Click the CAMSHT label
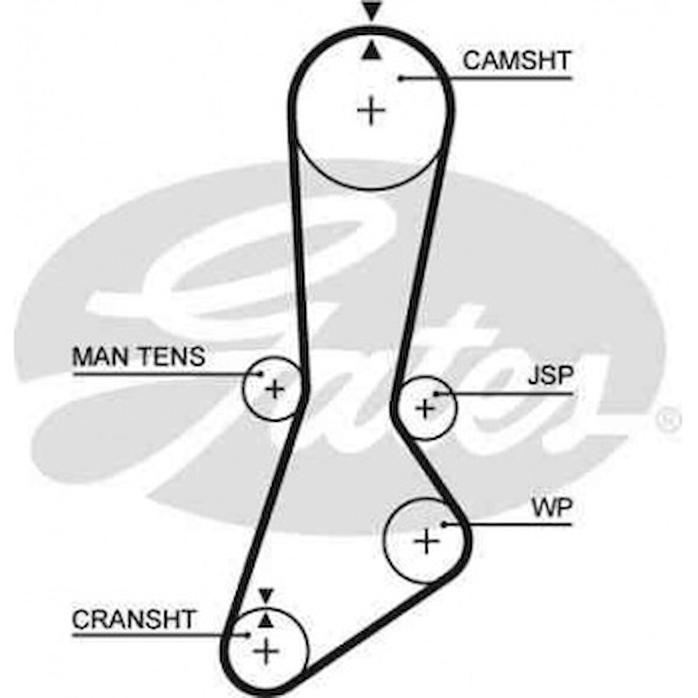pos(516,61)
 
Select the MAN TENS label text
pos(138,357)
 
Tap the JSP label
pos(550,376)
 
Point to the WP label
pos(551,508)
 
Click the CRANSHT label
pos(133,620)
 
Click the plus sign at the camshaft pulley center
pos(371,110)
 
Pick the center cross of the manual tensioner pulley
pos(274,389)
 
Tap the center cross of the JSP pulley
pos(425,408)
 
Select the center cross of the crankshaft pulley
pos(266,651)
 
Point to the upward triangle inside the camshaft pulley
pos(371,51)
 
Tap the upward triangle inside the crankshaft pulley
pos(266,619)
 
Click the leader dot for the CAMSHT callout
pos(400,77)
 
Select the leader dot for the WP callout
pos(445,523)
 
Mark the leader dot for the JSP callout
pos(435,393)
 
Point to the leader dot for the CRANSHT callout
pos(249,635)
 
